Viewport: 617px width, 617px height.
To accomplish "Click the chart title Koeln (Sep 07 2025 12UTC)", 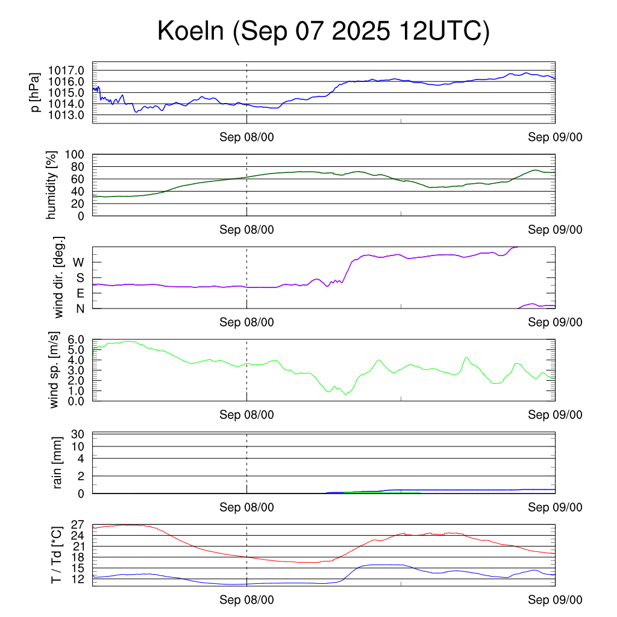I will click(324, 31).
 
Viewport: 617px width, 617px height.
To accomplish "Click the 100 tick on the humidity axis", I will click(80, 154).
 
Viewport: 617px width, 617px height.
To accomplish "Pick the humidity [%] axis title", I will click(53, 185).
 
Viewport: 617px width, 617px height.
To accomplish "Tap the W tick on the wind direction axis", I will click(79, 262).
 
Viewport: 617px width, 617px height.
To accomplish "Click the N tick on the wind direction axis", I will click(80, 308).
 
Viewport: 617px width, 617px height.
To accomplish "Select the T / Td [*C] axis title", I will click(56, 555).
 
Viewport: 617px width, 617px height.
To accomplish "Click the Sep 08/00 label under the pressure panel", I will click(246, 137).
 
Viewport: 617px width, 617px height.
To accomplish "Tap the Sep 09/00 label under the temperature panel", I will click(555, 600).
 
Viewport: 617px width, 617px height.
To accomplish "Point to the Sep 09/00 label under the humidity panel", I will click(555, 230).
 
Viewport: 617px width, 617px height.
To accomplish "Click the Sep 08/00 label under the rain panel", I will click(246, 507).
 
